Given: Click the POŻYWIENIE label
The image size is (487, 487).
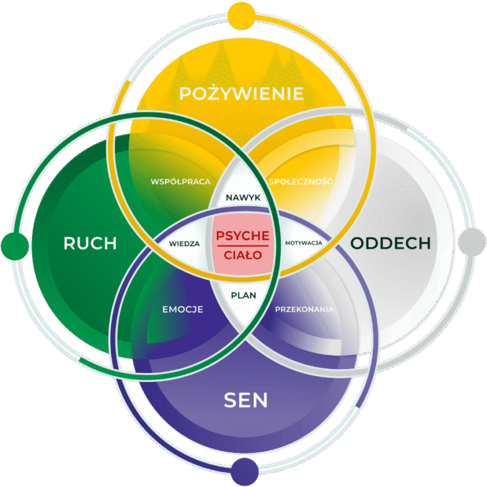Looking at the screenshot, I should (241, 94).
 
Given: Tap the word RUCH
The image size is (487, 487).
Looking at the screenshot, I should (90, 243).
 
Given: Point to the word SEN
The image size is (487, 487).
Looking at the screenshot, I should (246, 400).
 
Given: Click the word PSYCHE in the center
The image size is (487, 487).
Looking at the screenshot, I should (243, 235).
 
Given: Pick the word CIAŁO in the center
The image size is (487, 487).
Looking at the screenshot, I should (243, 255).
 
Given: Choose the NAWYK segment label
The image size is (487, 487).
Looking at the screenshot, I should (243, 198).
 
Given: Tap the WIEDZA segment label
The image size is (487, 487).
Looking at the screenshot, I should (185, 243).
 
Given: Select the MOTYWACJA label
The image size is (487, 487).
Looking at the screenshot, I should (304, 243).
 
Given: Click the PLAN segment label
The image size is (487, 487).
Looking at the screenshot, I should (243, 295).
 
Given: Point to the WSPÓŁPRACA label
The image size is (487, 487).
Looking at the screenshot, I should (180, 181).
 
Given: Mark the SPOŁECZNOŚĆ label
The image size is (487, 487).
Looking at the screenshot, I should (301, 181).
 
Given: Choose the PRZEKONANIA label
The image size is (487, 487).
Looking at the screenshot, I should (304, 309).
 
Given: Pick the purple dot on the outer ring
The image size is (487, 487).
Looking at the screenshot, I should (243, 472).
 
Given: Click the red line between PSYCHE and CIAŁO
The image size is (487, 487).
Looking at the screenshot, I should (243, 245).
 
